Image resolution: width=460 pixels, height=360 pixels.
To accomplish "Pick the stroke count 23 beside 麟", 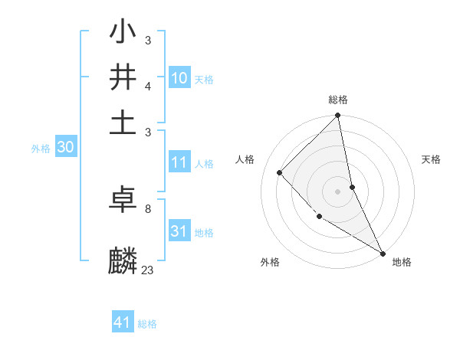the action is (x=147, y=270).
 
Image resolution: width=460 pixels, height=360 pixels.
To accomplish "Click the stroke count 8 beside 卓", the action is (x=147, y=208).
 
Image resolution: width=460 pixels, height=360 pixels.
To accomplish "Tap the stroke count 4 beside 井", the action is (x=147, y=86).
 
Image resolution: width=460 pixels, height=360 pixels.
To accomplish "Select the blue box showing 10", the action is (x=179, y=78).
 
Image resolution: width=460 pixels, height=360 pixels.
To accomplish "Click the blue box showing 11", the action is (x=179, y=162).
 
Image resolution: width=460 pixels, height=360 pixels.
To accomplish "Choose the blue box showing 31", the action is (x=179, y=231).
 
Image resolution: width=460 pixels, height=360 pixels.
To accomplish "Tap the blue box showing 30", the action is (x=65, y=148).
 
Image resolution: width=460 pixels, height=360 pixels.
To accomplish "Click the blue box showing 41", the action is (x=123, y=322).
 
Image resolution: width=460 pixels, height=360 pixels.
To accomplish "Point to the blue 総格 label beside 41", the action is (x=147, y=324).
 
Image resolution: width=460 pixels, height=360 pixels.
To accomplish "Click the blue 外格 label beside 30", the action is (x=41, y=149).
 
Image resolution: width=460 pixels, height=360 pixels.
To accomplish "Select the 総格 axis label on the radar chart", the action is (x=338, y=100).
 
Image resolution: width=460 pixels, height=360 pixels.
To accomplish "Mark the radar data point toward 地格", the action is (x=383, y=254).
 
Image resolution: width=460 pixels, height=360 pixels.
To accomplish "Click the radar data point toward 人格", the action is (x=280, y=172).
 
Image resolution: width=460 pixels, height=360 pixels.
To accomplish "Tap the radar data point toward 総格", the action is (x=338, y=116).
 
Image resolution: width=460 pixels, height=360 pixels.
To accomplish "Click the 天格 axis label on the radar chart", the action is (x=432, y=159).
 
